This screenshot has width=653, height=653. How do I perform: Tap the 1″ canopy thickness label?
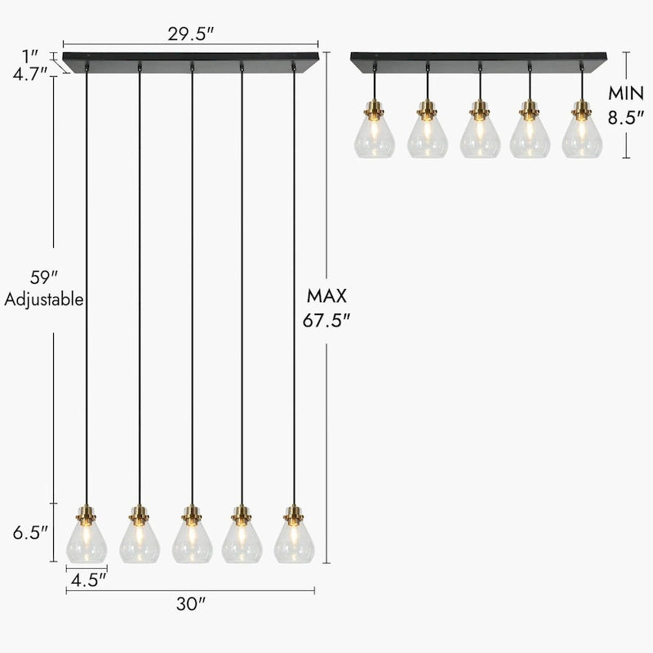point(32,56)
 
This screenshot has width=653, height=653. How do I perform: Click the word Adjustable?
point(44,300)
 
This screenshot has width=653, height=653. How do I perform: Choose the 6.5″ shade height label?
point(30,531)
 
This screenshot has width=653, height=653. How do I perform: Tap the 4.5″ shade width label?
point(87,580)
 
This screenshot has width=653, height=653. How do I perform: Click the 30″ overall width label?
point(191,604)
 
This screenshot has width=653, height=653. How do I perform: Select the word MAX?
point(327,295)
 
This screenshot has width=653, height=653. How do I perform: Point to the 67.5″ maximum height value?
point(326,319)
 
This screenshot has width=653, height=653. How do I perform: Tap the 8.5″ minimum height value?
point(626,117)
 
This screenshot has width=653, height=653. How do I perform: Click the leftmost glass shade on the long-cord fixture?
point(87,540)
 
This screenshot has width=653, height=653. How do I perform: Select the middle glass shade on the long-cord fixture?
point(191,540)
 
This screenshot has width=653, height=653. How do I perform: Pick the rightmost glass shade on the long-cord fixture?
point(294,540)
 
